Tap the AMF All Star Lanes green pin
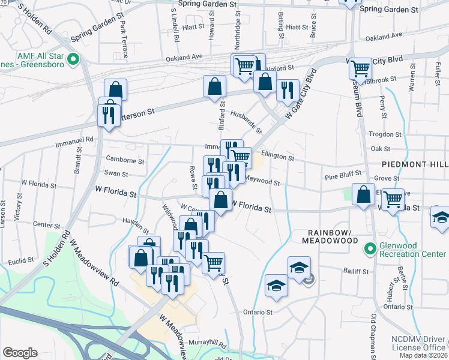tap(73, 59)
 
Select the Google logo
tap(20, 353)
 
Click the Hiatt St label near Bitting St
tap(297, 27)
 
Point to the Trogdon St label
tap(385, 134)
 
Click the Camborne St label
tap(125, 161)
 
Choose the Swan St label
tap(116, 174)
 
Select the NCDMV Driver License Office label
tap(418, 342)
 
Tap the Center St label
tap(43, 224)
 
